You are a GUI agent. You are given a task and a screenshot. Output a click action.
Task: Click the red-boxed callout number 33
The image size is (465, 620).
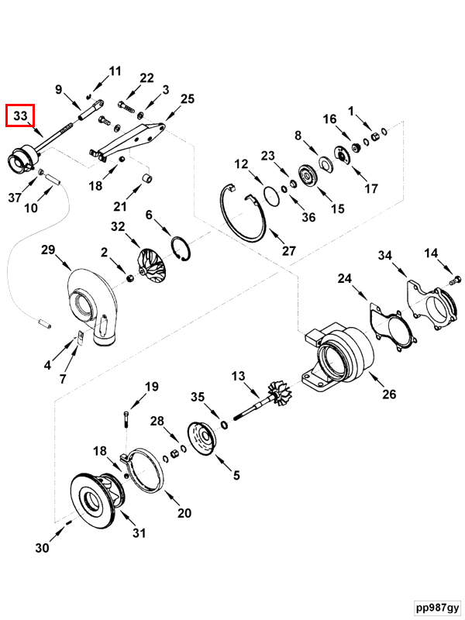click(x=21, y=116)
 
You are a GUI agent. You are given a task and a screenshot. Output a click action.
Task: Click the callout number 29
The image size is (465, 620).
click(x=48, y=250)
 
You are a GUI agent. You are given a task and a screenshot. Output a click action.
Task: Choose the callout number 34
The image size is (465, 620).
click(x=385, y=256)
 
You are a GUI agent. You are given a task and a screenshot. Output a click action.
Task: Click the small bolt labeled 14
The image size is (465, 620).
click(x=455, y=279)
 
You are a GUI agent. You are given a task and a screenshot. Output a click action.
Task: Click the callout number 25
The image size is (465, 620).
click(x=187, y=98)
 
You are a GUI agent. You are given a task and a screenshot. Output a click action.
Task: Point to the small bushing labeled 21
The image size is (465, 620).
click(x=143, y=182)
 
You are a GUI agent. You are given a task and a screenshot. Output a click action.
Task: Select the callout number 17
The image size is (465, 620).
click(x=371, y=188)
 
